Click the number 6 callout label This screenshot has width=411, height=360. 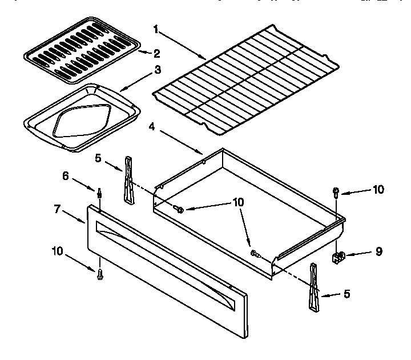(67, 176)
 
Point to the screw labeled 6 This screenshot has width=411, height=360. (99, 194)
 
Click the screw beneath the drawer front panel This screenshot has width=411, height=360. (100, 274)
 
